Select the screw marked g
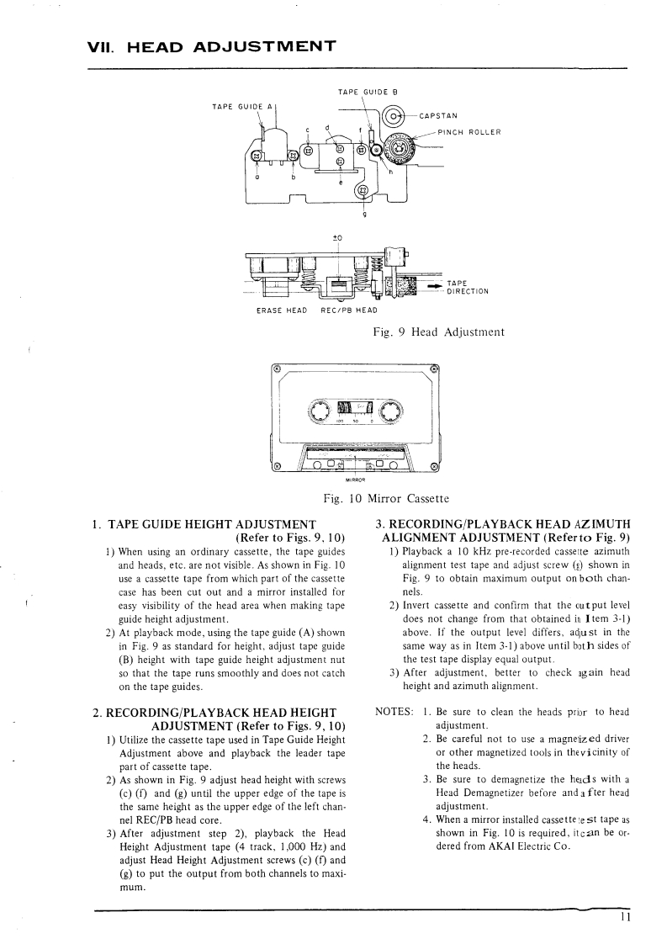[x=363, y=190]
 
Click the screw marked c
[x=309, y=151]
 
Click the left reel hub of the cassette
[x=320, y=411]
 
